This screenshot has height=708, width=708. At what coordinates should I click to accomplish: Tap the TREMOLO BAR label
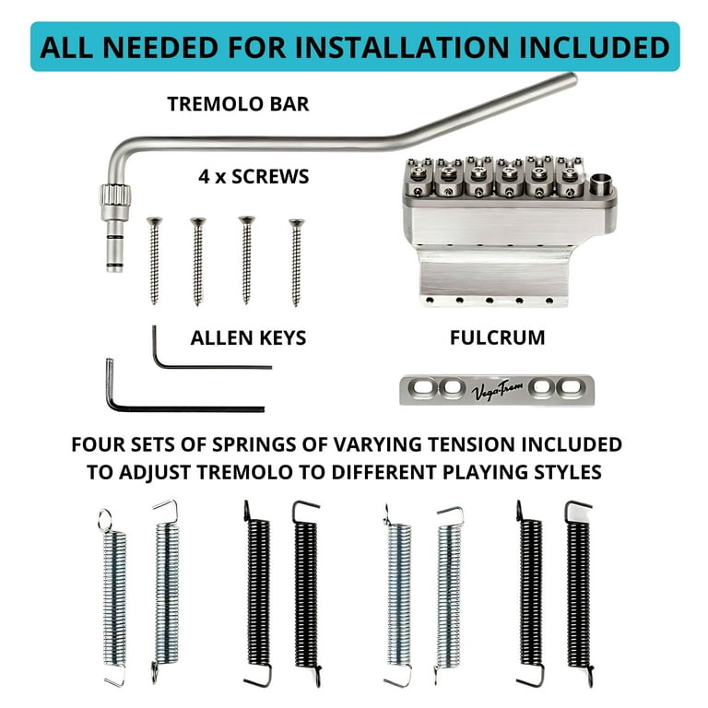[238, 104]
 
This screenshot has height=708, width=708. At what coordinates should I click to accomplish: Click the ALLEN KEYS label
[248, 338]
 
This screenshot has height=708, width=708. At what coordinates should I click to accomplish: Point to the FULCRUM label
[497, 338]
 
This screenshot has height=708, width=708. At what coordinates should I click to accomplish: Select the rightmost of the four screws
[296, 262]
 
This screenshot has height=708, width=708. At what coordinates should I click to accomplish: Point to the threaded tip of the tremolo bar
[112, 255]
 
